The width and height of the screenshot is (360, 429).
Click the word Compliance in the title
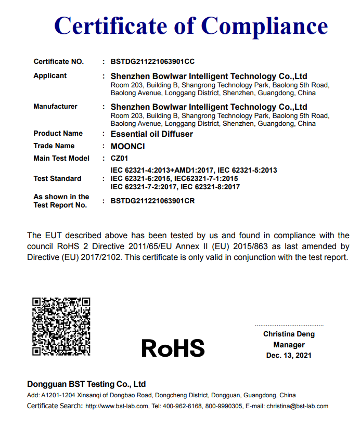tap(264, 25)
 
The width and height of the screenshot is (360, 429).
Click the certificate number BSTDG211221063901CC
tap(152, 61)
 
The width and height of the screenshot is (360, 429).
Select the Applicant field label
tap(50, 76)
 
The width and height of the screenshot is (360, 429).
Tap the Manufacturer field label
tap(55, 107)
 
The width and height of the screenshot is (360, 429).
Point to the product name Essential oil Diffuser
tap(151, 134)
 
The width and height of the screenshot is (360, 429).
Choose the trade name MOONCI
tap(127, 146)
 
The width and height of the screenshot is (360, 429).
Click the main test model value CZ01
tap(119, 158)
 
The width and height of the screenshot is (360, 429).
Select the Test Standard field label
tap(57, 178)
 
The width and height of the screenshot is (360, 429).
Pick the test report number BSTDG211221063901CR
tap(152, 201)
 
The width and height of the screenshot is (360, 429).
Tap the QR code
tap(61, 327)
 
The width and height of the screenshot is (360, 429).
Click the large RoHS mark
tap(173, 348)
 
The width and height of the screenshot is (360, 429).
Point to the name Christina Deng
tap(289, 334)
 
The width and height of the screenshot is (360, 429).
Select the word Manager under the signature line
tap(289, 345)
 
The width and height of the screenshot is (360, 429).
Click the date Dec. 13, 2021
tap(289, 356)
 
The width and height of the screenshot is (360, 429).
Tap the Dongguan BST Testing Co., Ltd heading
tap(86, 384)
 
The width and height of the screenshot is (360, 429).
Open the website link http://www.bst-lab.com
tap(117, 406)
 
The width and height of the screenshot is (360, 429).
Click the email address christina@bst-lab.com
tap(297, 406)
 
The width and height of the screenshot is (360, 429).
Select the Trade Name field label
tap(54, 146)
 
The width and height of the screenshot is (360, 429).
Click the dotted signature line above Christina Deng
tap(289, 326)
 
